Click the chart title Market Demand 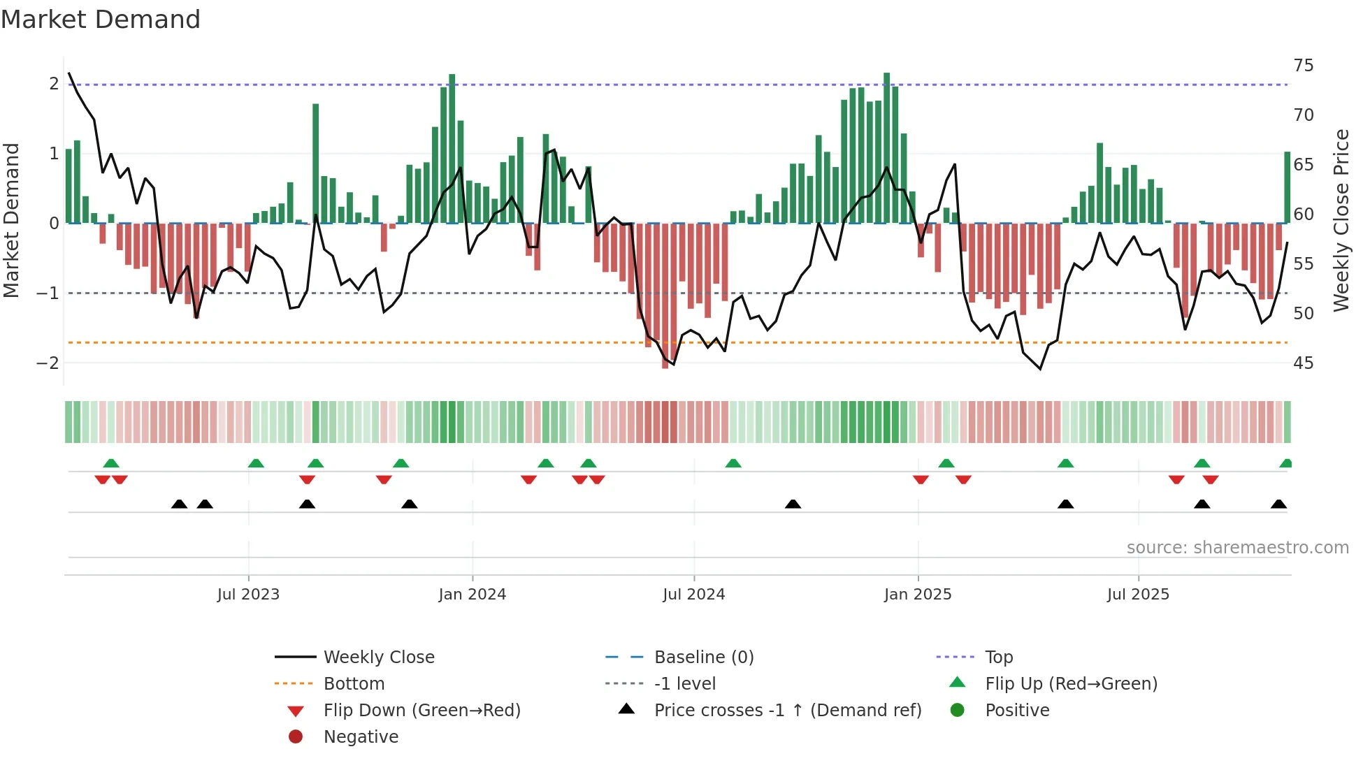[x=101, y=20]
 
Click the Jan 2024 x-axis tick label [x=472, y=595]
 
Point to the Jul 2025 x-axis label [x=1137, y=595]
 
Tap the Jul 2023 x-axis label [x=248, y=595]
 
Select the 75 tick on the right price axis [x=1303, y=66]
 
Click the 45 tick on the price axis [x=1303, y=363]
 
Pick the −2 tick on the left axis [x=48, y=363]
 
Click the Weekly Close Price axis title [x=1341, y=220]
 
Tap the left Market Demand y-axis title [x=12, y=220]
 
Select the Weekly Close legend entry [x=378, y=658]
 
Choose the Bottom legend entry [x=354, y=684]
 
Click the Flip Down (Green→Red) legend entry [x=421, y=711]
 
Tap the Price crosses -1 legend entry [x=787, y=711]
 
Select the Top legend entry [x=998, y=658]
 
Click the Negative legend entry [x=361, y=737]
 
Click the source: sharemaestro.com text [x=1237, y=548]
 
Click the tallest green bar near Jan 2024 [x=452, y=149]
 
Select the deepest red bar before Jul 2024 [x=665, y=296]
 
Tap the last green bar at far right [x=1287, y=187]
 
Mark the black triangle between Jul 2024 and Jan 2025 [x=793, y=504]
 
